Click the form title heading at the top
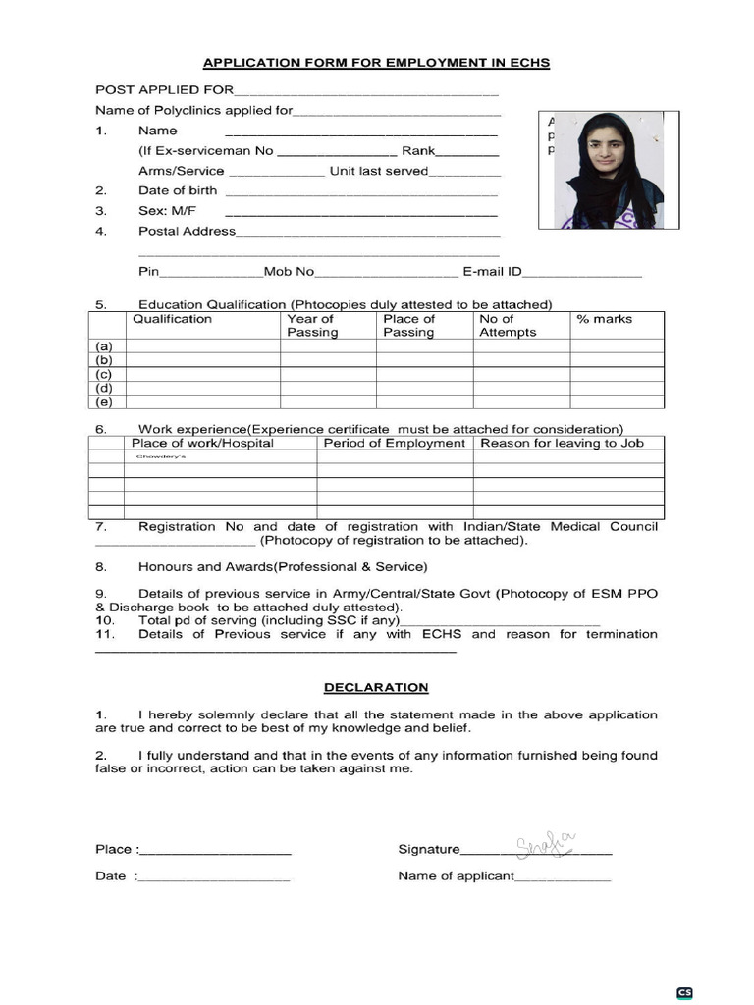coord(376,63)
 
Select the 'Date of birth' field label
coord(178,190)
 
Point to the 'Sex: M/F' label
coord(167,211)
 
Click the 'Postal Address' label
coord(187,231)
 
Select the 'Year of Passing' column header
coord(311,326)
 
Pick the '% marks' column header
coord(605,319)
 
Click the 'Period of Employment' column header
coord(394,443)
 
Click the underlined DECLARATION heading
coord(377,687)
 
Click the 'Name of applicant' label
coord(456,875)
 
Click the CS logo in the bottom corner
coord(684,992)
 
